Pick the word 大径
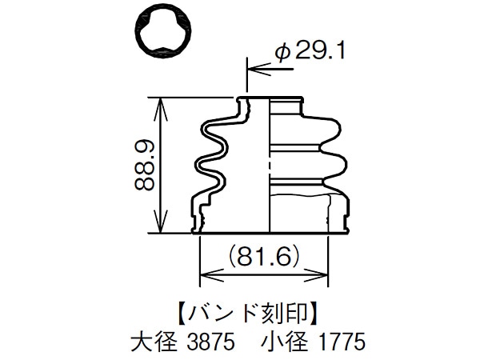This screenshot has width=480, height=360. (152, 342)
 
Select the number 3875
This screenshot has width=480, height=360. (210, 342)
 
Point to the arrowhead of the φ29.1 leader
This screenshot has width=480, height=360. (254, 70)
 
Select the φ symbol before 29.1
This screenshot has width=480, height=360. (282, 52)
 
